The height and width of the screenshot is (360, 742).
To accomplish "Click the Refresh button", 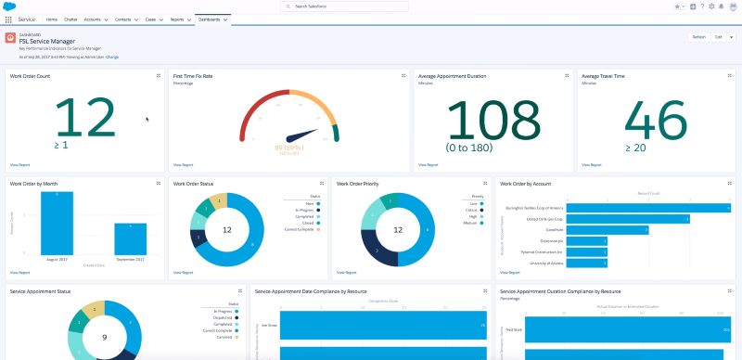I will (x=697, y=37).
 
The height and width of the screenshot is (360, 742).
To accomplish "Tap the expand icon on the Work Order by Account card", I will (x=730, y=184).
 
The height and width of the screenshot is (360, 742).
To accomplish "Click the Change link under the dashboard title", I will (x=112, y=57).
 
